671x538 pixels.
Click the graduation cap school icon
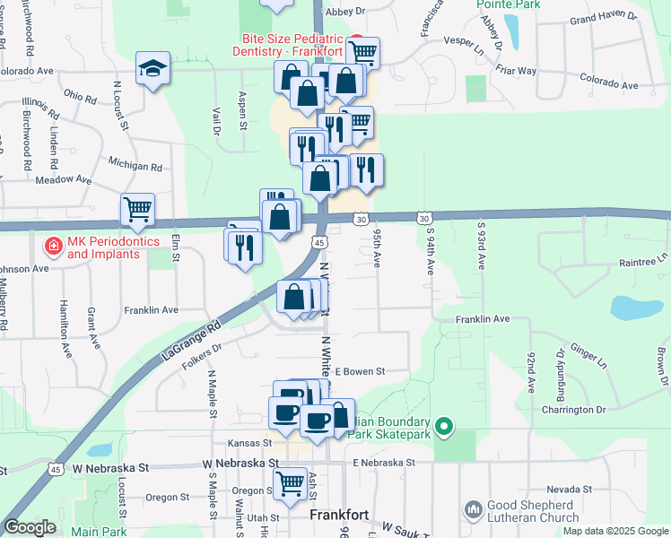[x=152, y=67]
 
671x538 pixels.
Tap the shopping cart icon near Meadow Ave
[x=137, y=210]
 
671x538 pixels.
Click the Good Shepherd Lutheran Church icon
[x=474, y=509]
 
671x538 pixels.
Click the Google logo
[x=30, y=527]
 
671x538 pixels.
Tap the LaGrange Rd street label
[x=189, y=342]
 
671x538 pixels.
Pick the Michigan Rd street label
[x=135, y=167]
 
